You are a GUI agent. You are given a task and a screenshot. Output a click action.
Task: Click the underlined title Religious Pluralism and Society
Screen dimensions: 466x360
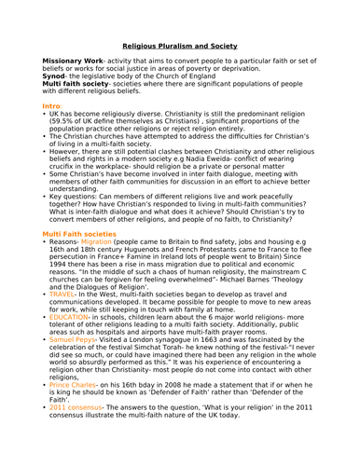pyautogui.click(x=183, y=70)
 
